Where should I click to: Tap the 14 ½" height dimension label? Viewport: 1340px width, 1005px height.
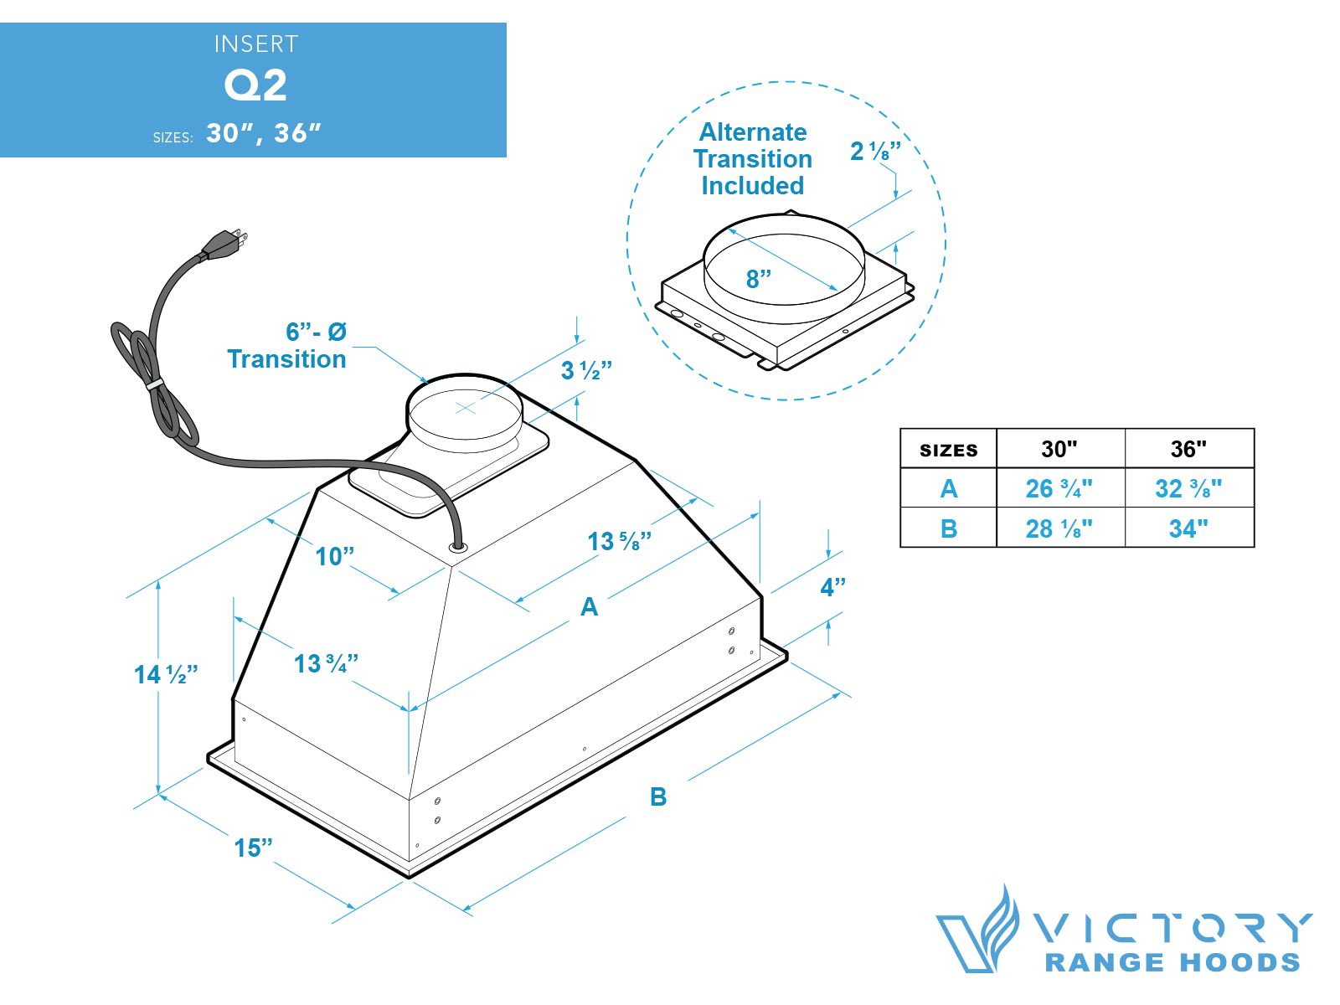[x=166, y=675]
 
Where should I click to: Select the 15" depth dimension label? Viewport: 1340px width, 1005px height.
[x=253, y=848]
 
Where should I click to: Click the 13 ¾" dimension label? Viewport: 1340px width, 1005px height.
[x=326, y=664]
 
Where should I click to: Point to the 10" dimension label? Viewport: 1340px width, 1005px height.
[x=334, y=557]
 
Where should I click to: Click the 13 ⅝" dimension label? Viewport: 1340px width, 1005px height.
[x=619, y=542]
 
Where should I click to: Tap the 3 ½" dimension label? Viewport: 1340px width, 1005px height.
[x=586, y=370]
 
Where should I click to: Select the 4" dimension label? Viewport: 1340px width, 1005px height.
[x=832, y=587]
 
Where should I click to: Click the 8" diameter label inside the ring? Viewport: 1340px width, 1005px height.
[x=759, y=279]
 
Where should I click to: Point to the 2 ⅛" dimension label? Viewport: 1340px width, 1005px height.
[x=875, y=152]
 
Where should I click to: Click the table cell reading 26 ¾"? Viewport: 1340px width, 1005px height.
[x=1059, y=488]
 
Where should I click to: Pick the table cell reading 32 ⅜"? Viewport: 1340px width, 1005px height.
[x=1188, y=488]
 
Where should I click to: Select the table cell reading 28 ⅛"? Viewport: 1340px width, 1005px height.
[x=1059, y=528]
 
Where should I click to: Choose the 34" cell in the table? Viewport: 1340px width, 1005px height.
[x=1188, y=528]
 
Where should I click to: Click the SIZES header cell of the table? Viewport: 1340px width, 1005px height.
[x=948, y=450]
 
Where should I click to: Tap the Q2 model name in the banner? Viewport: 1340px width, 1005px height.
[x=255, y=85]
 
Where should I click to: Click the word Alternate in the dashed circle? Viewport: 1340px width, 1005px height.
[x=753, y=132]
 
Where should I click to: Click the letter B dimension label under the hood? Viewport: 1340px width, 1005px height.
[x=658, y=797]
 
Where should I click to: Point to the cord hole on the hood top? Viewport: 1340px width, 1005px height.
[x=458, y=547]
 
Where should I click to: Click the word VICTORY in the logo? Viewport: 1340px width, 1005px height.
[x=1172, y=928]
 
